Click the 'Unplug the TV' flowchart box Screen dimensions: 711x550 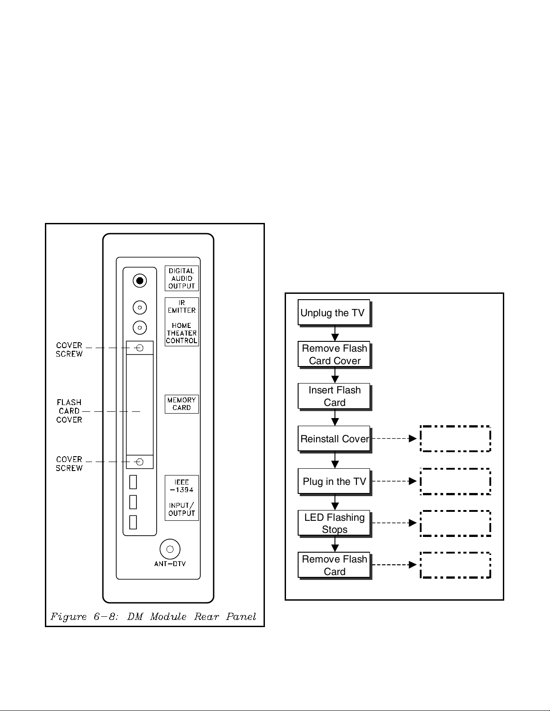[334, 312]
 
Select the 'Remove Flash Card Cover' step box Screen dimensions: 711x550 [334, 354]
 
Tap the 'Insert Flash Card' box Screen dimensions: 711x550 [334, 396]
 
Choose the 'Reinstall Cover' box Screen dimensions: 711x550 [334, 438]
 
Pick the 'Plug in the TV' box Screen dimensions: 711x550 [334, 481]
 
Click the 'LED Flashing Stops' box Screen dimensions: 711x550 [334, 523]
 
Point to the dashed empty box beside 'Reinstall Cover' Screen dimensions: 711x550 [455, 438]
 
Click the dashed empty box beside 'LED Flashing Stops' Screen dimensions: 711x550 [455, 523]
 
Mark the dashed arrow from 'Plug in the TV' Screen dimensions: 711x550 [394, 481]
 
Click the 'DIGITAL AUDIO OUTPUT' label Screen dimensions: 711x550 [181, 278]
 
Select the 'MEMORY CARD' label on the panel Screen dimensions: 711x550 [181, 404]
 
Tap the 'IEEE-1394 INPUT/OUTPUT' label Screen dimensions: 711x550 [181, 497]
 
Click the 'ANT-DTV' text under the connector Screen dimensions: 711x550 [170, 563]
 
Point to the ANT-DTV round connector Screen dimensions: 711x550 [170, 549]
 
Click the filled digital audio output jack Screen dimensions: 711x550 [140, 281]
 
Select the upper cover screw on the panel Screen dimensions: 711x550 [140, 348]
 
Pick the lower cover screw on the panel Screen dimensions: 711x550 [140, 462]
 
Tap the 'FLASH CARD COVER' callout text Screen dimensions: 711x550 [69, 411]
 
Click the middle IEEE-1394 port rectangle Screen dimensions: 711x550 [133, 502]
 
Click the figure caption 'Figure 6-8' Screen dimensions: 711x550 [153, 616]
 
